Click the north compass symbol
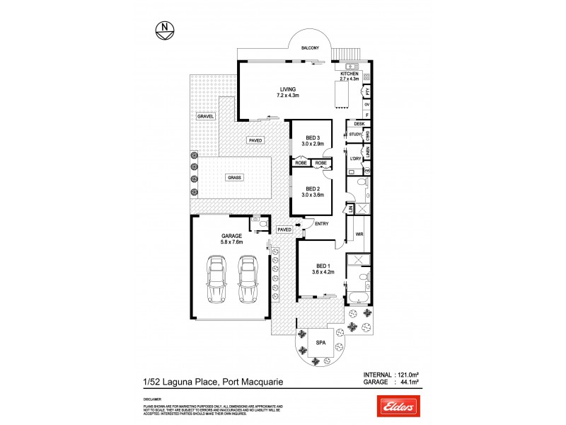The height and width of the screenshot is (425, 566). tap(164, 30)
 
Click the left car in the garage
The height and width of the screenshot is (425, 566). tap(216, 278)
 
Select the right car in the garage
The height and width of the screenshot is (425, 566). tap(247, 278)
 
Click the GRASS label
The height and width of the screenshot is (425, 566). tap(235, 178)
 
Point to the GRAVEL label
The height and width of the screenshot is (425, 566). tap(205, 115)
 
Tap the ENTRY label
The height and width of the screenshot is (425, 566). tap(322, 225)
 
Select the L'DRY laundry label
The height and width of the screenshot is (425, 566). tap(355, 159)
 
